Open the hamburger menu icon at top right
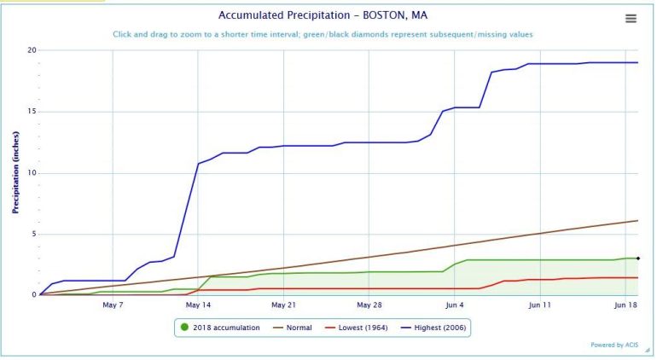631,19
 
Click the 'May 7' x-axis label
113,305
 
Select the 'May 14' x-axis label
198,305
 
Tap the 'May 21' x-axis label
283,305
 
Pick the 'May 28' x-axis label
369,305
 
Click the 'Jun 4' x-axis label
455,305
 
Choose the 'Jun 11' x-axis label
540,305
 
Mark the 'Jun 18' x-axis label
626,305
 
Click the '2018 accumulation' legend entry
220,327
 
